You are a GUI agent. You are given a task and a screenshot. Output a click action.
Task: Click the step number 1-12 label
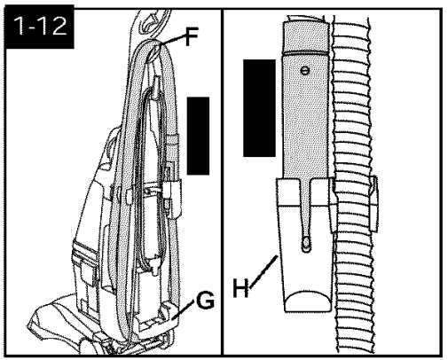40,26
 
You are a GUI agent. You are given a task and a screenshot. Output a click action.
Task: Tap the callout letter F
192,36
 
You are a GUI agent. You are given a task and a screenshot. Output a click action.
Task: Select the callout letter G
205,300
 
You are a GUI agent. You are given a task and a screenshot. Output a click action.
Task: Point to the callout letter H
240,287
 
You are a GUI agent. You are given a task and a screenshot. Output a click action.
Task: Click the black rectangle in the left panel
198,136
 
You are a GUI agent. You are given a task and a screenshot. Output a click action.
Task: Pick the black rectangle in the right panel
259,108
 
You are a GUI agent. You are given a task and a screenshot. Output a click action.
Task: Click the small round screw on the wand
304,71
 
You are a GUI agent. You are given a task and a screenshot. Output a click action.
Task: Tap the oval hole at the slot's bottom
306,243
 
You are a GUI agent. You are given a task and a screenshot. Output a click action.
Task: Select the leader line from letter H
263,272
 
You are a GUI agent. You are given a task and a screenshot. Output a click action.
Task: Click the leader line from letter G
183,309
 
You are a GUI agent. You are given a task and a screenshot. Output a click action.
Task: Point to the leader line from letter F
173,40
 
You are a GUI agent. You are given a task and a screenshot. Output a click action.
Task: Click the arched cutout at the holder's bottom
306,301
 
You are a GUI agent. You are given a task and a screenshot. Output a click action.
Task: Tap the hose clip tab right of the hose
373,204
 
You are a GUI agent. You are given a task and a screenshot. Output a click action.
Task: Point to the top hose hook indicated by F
153,51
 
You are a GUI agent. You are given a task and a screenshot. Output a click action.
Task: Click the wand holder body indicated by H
304,246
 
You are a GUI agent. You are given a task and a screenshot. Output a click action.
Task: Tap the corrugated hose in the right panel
353,184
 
